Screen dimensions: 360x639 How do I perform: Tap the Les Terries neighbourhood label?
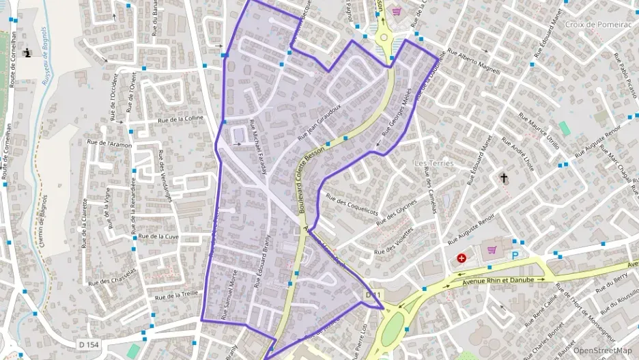click(x=434, y=164)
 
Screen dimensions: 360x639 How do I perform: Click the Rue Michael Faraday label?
click(x=257, y=146)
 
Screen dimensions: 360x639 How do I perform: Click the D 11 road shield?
click(x=371, y=294)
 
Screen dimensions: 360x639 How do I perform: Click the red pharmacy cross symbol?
click(x=462, y=258)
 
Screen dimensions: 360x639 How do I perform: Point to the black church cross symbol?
click(x=505, y=178)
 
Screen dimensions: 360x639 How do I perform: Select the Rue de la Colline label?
click(x=180, y=119)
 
